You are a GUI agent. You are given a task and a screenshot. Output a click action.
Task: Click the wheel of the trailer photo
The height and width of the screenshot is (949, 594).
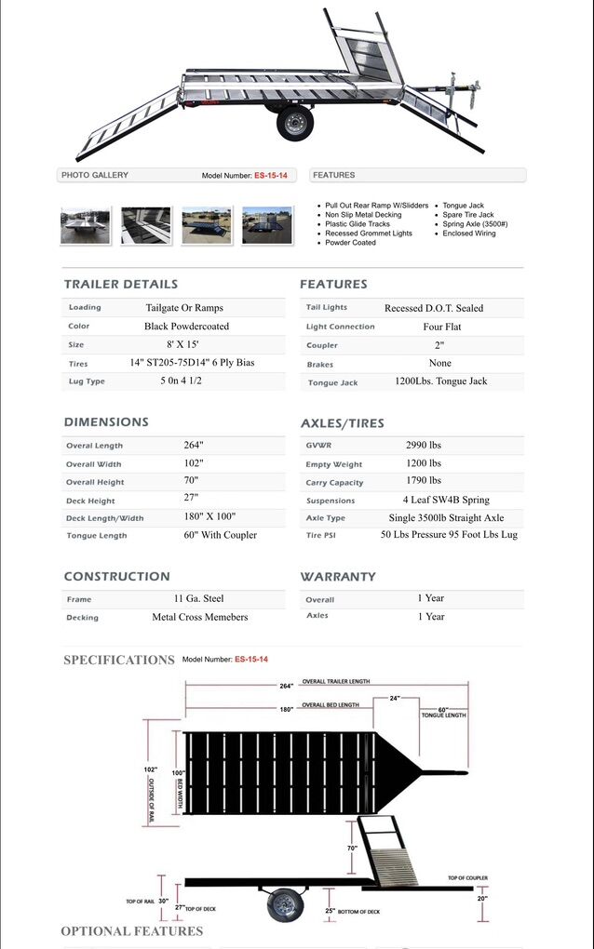click(x=295, y=123)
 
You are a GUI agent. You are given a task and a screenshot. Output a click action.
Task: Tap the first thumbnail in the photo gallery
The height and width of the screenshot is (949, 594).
click(x=86, y=226)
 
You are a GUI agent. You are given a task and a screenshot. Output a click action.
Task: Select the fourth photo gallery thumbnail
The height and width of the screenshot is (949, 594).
click(x=267, y=226)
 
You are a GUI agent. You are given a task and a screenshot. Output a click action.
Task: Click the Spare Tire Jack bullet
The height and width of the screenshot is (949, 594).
click(x=468, y=215)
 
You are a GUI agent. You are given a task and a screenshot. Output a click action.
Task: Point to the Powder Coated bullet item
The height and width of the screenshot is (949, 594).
click(x=350, y=243)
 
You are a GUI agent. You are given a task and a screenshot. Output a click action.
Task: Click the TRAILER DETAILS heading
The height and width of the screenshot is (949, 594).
click(x=120, y=284)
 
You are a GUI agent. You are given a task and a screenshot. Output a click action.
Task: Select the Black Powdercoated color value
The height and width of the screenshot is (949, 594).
click(x=186, y=327)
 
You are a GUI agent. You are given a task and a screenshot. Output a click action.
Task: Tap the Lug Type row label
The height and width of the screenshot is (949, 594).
click(x=87, y=381)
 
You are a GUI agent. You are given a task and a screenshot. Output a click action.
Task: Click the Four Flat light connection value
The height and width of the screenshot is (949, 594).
click(x=441, y=327)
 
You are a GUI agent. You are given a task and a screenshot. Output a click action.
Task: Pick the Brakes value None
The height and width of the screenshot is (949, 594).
click(x=440, y=363)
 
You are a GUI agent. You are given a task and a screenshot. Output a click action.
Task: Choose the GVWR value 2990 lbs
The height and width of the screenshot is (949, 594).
click(x=424, y=445)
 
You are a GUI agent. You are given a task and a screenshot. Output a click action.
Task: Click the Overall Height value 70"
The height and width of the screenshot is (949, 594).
click(x=191, y=480)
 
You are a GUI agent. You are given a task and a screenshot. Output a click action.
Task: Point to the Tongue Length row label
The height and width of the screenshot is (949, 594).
click(x=97, y=536)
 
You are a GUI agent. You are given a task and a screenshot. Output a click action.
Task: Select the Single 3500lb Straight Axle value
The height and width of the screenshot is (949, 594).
click(x=446, y=517)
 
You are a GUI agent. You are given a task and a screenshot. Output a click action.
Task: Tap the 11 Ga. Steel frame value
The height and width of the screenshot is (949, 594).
click(x=198, y=598)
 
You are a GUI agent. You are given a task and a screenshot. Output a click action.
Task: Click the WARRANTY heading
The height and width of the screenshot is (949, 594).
click(x=338, y=577)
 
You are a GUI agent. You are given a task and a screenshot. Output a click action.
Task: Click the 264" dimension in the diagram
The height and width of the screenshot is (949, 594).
click(x=286, y=686)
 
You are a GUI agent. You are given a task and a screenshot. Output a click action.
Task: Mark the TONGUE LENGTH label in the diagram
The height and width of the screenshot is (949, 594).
click(x=443, y=715)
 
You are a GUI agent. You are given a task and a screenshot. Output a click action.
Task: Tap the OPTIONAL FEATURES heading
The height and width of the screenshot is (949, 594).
click(x=131, y=930)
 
